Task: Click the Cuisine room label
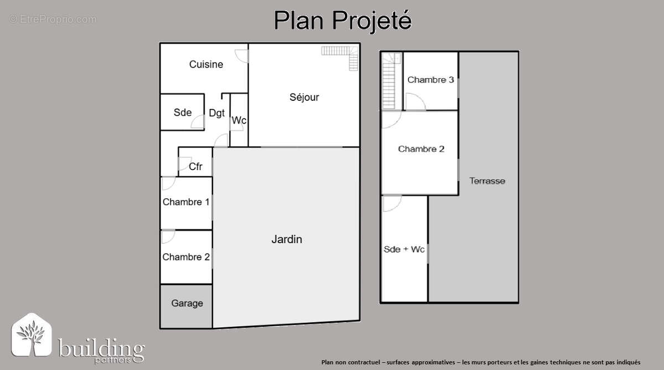pyautogui.click(x=206, y=64)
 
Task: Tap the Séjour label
pyautogui.click(x=304, y=97)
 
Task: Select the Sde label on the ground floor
pyautogui.click(x=183, y=112)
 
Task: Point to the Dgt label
pyautogui.click(x=216, y=113)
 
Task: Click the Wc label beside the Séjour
pyautogui.click(x=239, y=120)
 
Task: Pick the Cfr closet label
pyautogui.click(x=195, y=166)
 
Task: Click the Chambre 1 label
pyautogui.click(x=186, y=202)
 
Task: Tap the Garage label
pyautogui.click(x=186, y=304)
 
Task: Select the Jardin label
pyautogui.click(x=287, y=239)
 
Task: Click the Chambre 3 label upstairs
pyautogui.click(x=430, y=80)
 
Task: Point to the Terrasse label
pyautogui.click(x=487, y=181)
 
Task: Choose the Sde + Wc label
pyautogui.click(x=404, y=249)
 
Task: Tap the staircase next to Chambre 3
pyautogui.click(x=391, y=80)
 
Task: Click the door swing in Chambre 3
pyautogui.click(x=414, y=101)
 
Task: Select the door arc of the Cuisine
pyautogui.click(x=241, y=55)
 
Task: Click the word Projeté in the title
pyautogui.click(x=372, y=21)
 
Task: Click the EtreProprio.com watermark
pyautogui.click(x=53, y=19)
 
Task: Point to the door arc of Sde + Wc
pyautogui.click(x=391, y=203)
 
